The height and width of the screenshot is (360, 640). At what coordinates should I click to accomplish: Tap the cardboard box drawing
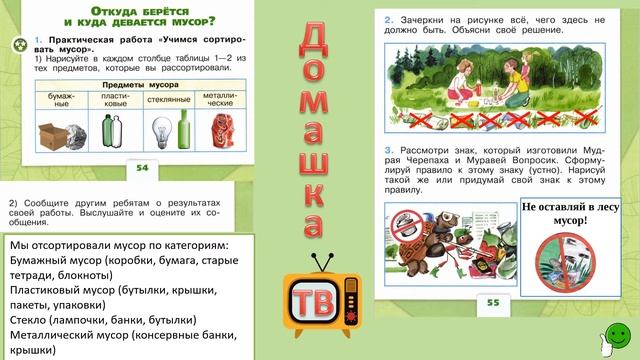pyautogui.click(x=50, y=133)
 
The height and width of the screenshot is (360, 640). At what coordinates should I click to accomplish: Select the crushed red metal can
pyautogui.click(x=220, y=132)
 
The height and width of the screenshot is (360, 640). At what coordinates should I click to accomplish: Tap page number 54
pyautogui.click(x=140, y=168)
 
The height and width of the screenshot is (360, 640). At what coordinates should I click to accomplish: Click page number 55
pyautogui.click(x=491, y=301)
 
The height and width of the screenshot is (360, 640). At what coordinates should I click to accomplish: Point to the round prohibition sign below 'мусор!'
pyautogui.click(x=566, y=269)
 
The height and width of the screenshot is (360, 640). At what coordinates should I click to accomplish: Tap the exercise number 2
pyautogui.click(x=388, y=19)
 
